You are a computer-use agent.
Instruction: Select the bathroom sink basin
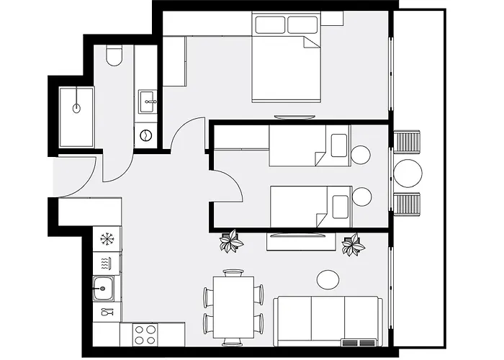pyautogui.click(x=149, y=99)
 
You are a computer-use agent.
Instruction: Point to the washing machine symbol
pyautogui.click(x=146, y=135)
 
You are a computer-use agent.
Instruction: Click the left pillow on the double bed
pyautogui.click(x=270, y=25)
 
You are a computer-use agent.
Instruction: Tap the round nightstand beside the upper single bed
pyautogui.click(x=361, y=154)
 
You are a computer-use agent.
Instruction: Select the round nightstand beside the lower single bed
pyautogui.click(x=361, y=196)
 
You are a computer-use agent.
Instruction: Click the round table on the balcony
pyautogui.click(x=408, y=174)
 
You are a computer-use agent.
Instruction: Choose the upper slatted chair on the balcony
pyautogui.click(x=408, y=142)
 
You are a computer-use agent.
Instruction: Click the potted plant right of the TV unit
pyautogui.click(x=353, y=245)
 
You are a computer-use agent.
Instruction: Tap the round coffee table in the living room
pyautogui.click(x=328, y=279)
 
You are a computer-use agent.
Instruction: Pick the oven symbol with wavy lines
pyautogui.click(x=107, y=262)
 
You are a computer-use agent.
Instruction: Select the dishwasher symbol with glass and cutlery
pyautogui.click(x=107, y=312)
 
